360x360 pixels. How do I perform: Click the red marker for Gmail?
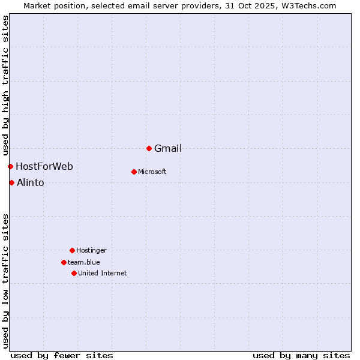[x=149, y=148]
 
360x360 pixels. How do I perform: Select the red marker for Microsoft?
[x=134, y=172]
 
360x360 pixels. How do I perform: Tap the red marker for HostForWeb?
[x=10, y=166]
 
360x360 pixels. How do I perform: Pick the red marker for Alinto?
[x=11, y=182]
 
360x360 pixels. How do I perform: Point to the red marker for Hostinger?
[x=72, y=250]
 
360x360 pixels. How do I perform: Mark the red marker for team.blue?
[x=64, y=262]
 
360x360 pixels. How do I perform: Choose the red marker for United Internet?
[x=74, y=273]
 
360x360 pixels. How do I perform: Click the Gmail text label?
[x=168, y=149]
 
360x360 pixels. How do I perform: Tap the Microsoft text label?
[x=152, y=172]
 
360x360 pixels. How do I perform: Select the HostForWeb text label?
[x=44, y=167]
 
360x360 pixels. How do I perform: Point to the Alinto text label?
[x=31, y=183]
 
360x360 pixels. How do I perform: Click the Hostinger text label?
[x=91, y=251]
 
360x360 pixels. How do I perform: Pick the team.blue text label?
[x=84, y=263]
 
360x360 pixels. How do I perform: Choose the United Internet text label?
[x=103, y=274]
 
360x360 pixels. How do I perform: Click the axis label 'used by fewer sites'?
[x=62, y=356]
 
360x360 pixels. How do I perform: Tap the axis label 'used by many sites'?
[x=301, y=356]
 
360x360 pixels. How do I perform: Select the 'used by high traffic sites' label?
[x=6, y=86]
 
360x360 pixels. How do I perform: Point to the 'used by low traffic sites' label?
[x=6, y=281]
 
